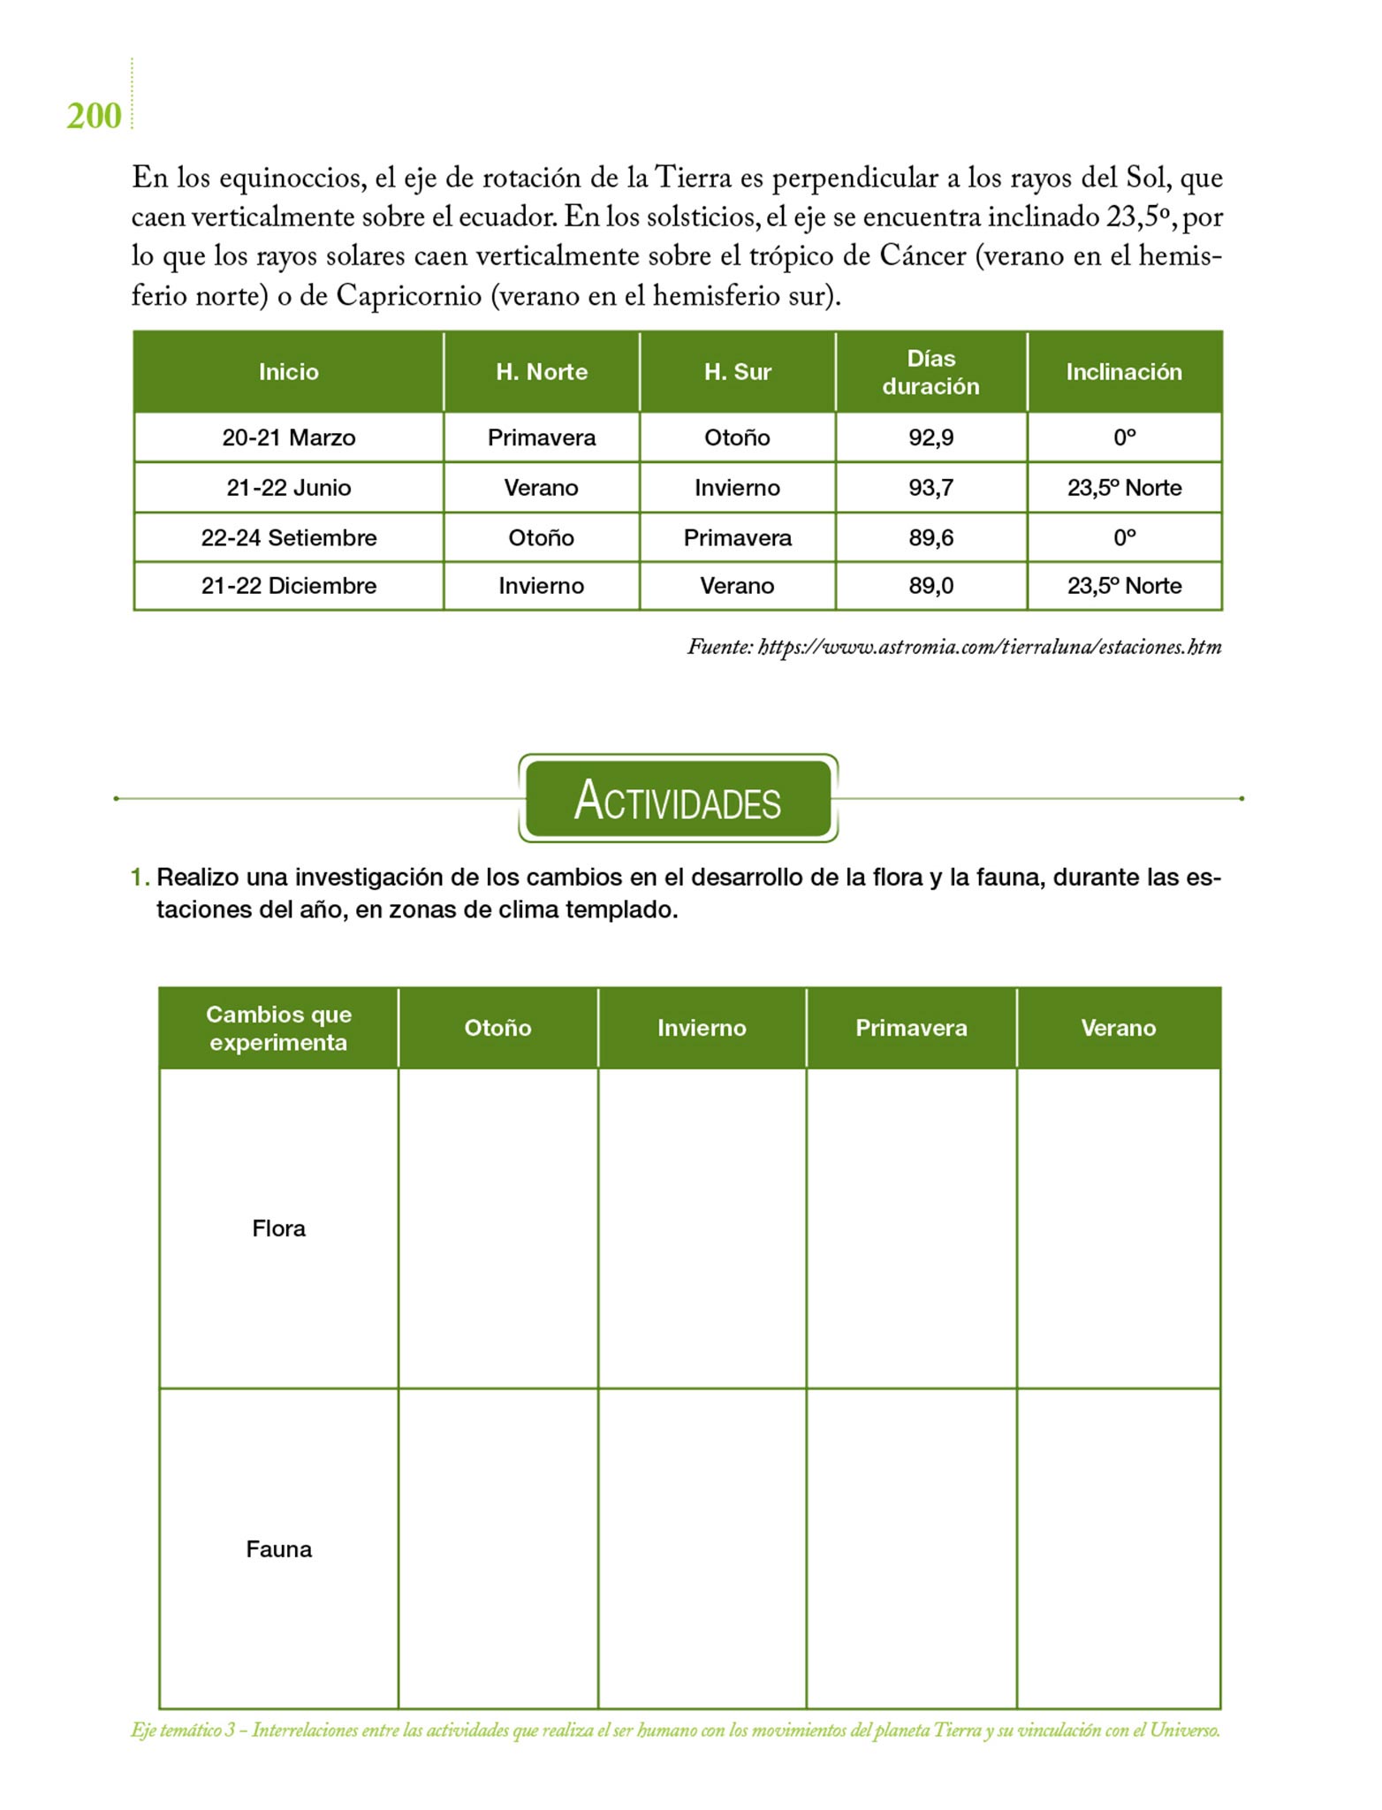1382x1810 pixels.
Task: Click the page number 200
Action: (x=94, y=117)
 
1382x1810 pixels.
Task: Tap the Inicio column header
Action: (x=288, y=372)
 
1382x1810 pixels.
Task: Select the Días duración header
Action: (x=930, y=372)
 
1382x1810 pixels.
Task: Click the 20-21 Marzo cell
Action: (x=288, y=437)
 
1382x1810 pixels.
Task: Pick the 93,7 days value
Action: (x=930, y=488)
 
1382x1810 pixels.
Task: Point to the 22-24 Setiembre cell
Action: (x=288, y=537)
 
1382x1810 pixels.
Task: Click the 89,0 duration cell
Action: (x=930, y=586)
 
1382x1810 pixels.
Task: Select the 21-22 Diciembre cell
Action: (x=288, y=586)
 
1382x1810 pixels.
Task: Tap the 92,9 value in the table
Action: (x=930, y=437)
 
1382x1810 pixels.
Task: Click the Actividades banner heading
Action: (x=678, y=800)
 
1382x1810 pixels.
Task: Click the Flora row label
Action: (x=278, y=1228)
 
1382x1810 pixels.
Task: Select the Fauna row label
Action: (x=278, y=1549)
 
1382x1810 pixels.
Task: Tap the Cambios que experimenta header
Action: (x=278, y=1028)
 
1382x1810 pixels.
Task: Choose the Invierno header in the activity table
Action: (x=702, y=1028)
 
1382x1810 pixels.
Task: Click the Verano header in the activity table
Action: (x=1118, y=1028)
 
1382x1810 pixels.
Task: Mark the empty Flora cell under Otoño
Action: (x=497, y=1228)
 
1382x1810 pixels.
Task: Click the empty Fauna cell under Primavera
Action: (x=911, y=1549)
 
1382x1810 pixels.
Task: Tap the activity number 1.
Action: (x=139, y=878)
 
